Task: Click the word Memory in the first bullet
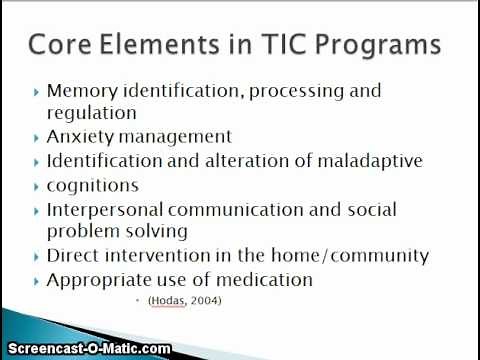(81, 91)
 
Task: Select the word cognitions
(93, 185)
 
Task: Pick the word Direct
(73, 256)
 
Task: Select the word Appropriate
(94, 281)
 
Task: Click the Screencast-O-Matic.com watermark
(85, 350)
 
